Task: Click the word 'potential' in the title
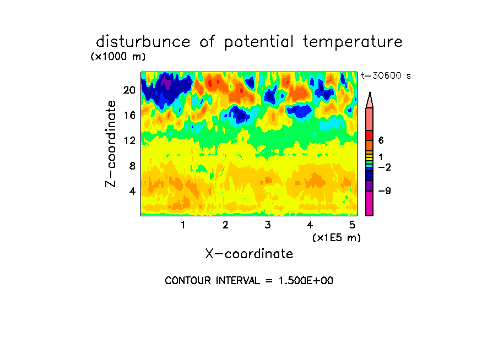259,42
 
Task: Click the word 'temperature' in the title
353,42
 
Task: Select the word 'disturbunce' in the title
143,42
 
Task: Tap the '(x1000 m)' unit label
118,57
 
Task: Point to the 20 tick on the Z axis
129,90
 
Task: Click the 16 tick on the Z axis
129,115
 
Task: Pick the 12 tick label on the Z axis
129,140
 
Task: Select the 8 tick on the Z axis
132,166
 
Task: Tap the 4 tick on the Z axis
132,191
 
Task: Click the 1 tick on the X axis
183,225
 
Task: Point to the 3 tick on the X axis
268,225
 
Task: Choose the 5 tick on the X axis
352,225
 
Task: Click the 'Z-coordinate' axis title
111,144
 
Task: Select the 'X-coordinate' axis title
249,254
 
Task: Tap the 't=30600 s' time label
386,76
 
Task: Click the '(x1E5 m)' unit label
337,238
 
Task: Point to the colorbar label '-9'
385,190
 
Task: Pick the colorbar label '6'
381,140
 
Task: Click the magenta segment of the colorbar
370,203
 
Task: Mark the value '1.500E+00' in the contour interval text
306,281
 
